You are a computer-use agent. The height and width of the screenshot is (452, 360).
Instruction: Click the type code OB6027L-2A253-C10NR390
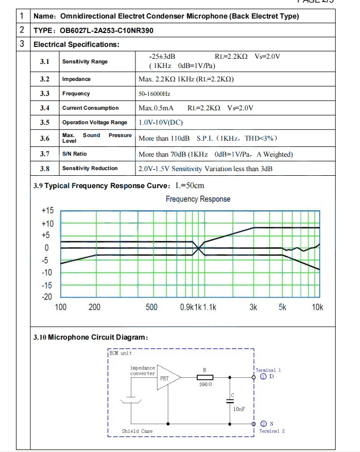click(110, 30)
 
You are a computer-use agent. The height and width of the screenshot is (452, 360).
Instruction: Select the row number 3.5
click(45, 123)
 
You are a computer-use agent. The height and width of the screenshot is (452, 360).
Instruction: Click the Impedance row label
click(76, 79)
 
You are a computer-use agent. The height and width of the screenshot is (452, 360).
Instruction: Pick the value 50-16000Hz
click(155, 94)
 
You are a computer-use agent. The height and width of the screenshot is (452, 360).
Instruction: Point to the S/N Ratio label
click(74, 154)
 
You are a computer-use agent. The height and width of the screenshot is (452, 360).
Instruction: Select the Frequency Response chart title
click(198, 199)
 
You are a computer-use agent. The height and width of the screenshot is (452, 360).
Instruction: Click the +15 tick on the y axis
click(47, 210)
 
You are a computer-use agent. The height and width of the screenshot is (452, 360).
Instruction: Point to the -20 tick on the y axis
click(47, 297)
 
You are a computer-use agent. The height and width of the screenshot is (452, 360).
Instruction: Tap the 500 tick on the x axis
click(151, 308)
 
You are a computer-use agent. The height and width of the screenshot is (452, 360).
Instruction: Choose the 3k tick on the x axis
click(253, 308)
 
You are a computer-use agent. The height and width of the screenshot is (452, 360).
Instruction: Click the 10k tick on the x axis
click(318, 308)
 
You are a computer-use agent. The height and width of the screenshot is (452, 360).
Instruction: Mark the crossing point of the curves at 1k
click(199, 248)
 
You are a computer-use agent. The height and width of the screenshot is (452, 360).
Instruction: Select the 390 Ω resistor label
click(205, 385)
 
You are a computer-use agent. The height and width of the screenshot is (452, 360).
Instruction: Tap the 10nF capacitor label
click(238, 409)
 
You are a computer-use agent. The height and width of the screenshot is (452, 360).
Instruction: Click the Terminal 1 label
click(268, 370)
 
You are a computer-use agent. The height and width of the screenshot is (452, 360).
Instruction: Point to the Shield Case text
click(137, 431)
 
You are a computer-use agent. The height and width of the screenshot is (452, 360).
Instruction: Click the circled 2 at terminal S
click(263, 424)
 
